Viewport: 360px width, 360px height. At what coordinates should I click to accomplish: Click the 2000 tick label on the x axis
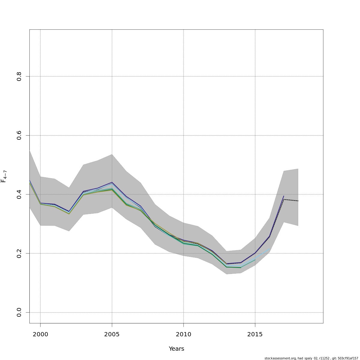pyautogui.click(x=40, y=334)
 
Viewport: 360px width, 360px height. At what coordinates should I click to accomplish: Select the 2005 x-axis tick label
pyautogui.click(x=112, y=334)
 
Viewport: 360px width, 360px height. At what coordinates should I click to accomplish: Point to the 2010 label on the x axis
pyautogui.click(x=183, y=334)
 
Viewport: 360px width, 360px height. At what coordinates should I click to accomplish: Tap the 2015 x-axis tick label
pyautogui.click(x=255, y=334)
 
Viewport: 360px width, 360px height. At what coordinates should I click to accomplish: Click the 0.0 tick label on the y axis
pyautogui.click(x=19, y=312)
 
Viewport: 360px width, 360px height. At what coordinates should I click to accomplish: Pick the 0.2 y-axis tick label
pyautogui.click(x=19, y=253)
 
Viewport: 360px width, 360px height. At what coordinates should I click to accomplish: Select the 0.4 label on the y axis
pyautogui.click(x=19, y=194)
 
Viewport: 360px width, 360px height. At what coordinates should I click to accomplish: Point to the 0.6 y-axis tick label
pyautogui.click(x=19, y=135)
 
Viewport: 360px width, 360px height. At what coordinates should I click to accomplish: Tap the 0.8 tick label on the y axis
pyautogui.click(x=19, y=76)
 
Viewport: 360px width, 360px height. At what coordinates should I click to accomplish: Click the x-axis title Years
pyautogui.click(x=176, y=349)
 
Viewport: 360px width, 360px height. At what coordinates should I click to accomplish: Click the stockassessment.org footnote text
pyautogui.click(x=311, y=358)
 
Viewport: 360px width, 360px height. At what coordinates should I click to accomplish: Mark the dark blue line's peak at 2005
pyautogui.click(x=112, y=182)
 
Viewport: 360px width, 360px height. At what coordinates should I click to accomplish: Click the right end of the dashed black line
pyautogui.click(x=298, y=201)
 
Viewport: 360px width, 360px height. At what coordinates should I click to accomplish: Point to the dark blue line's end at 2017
pyautogui.click(x=283, y=196)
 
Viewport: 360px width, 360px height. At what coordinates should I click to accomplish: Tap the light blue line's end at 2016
pyautogui.click(x=269, y=249)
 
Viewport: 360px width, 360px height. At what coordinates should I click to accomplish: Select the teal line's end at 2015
pyautogui.click(x=255, y=260)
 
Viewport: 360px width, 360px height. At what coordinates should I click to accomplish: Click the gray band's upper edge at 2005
pyautogui.click(x=112, y=154)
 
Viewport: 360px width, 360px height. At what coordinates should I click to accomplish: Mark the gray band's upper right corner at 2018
pyautogui.click(x=298, y=169)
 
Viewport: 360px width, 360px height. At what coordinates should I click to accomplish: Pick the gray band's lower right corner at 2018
pyautogui.click(x=298, y=226)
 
